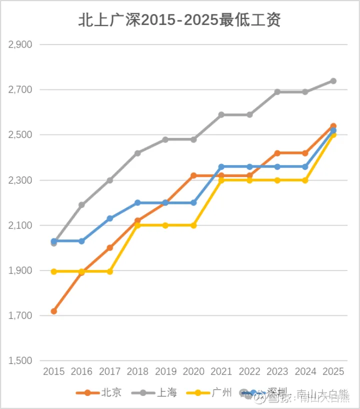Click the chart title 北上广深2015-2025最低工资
tap(180, 20)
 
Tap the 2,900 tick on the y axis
tap(20, 44)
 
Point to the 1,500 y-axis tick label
tap(20, 361)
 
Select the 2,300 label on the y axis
tap(20, 180)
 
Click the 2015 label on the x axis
tap(53, 371)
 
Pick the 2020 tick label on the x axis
tap(193, 371)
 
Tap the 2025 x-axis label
tap(333, 371)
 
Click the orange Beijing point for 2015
tap(53, 311)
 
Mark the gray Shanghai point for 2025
tap(333, 81)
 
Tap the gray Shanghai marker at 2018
tap(137, 153)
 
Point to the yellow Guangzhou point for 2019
tap(165, 225)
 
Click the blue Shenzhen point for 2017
tap(109, 218)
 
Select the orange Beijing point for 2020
tap(193, 175)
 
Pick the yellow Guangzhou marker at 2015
tap(53, 271)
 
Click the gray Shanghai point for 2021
tap(221, 115)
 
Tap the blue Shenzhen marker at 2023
tap(277, 166)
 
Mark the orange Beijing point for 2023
tap(277, 153)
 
